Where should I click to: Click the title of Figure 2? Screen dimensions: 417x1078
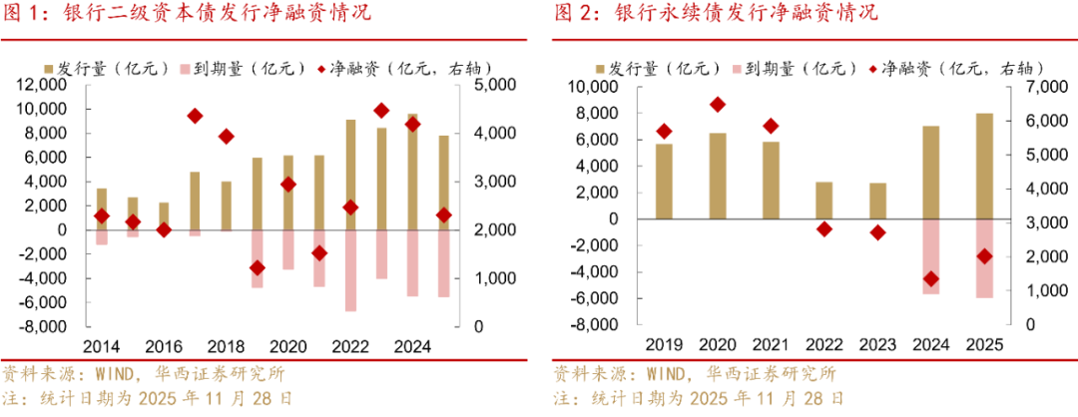pyautogui.click(x=716, y=13)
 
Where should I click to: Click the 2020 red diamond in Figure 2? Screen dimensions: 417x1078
pyautogui.click(x=718, y=105)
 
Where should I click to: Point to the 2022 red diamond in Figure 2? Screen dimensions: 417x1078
pyautogui.click(x=824, y=229)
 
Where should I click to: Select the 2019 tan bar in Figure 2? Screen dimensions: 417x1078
pyautogui.click(x=665, y=181)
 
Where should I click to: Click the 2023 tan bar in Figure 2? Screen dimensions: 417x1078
pyautogui.click(x=877, y=201)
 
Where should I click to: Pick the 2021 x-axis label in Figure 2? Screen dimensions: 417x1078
pyautogui.click(x=771, y=344)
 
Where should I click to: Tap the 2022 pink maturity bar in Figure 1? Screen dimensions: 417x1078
pyautogui.click(x=350, y=270)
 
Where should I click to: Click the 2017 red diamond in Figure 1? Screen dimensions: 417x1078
pyautogui.click(x=196, y=116)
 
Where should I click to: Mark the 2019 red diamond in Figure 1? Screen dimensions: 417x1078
pyautogui.click(x=258, y=268)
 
